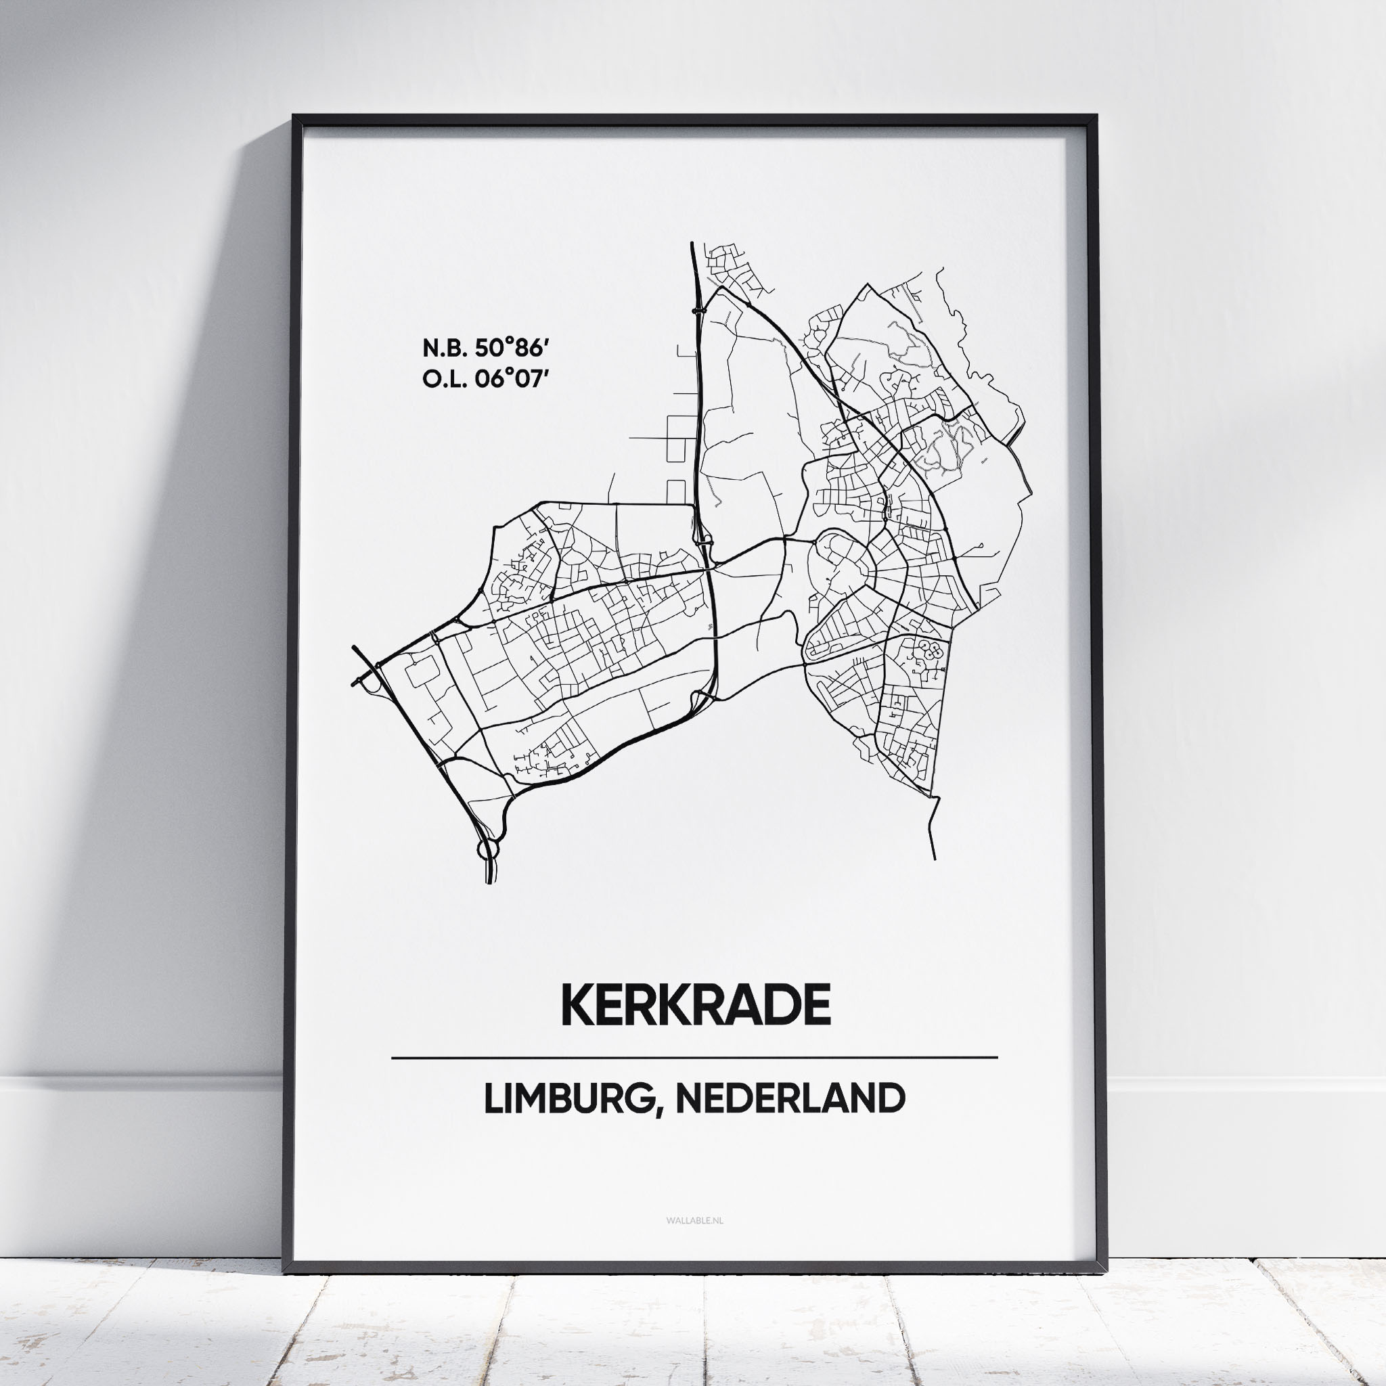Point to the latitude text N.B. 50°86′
(x=485, y=349)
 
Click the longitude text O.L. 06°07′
(x=485, y=380)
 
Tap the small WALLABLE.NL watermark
(x=694, y=1220)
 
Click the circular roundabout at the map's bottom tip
(x=487, y=849)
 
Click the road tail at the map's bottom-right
(x=933, y=832)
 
